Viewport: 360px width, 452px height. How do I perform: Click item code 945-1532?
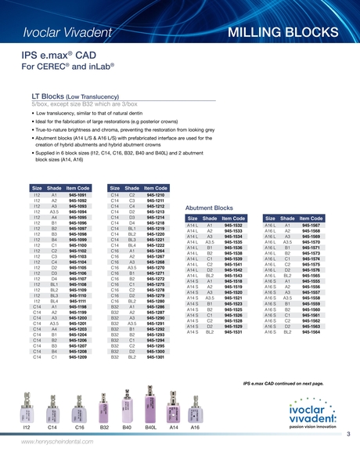233,226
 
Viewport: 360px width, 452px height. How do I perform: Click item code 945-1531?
233,332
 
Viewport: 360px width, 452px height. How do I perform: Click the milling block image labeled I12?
27,407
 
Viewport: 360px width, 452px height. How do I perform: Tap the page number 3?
347,434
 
